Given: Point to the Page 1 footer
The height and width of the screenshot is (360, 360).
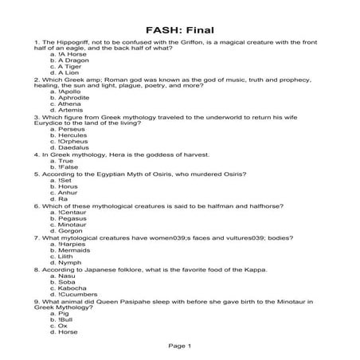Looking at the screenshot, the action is pos(179,346).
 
